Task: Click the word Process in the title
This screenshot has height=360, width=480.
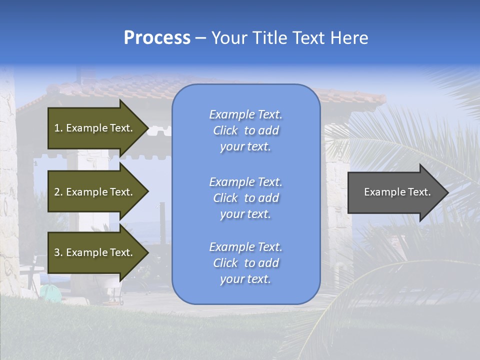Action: (157, 38)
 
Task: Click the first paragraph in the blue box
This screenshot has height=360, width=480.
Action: (245, 130)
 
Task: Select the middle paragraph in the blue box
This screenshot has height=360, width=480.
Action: (245, 198)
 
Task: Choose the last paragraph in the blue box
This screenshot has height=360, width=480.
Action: (245, 263)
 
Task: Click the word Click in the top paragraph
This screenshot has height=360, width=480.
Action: (225, 130)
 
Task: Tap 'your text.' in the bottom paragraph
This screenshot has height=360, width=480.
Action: (245, 279)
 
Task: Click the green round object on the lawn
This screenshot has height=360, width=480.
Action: (48, 291)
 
